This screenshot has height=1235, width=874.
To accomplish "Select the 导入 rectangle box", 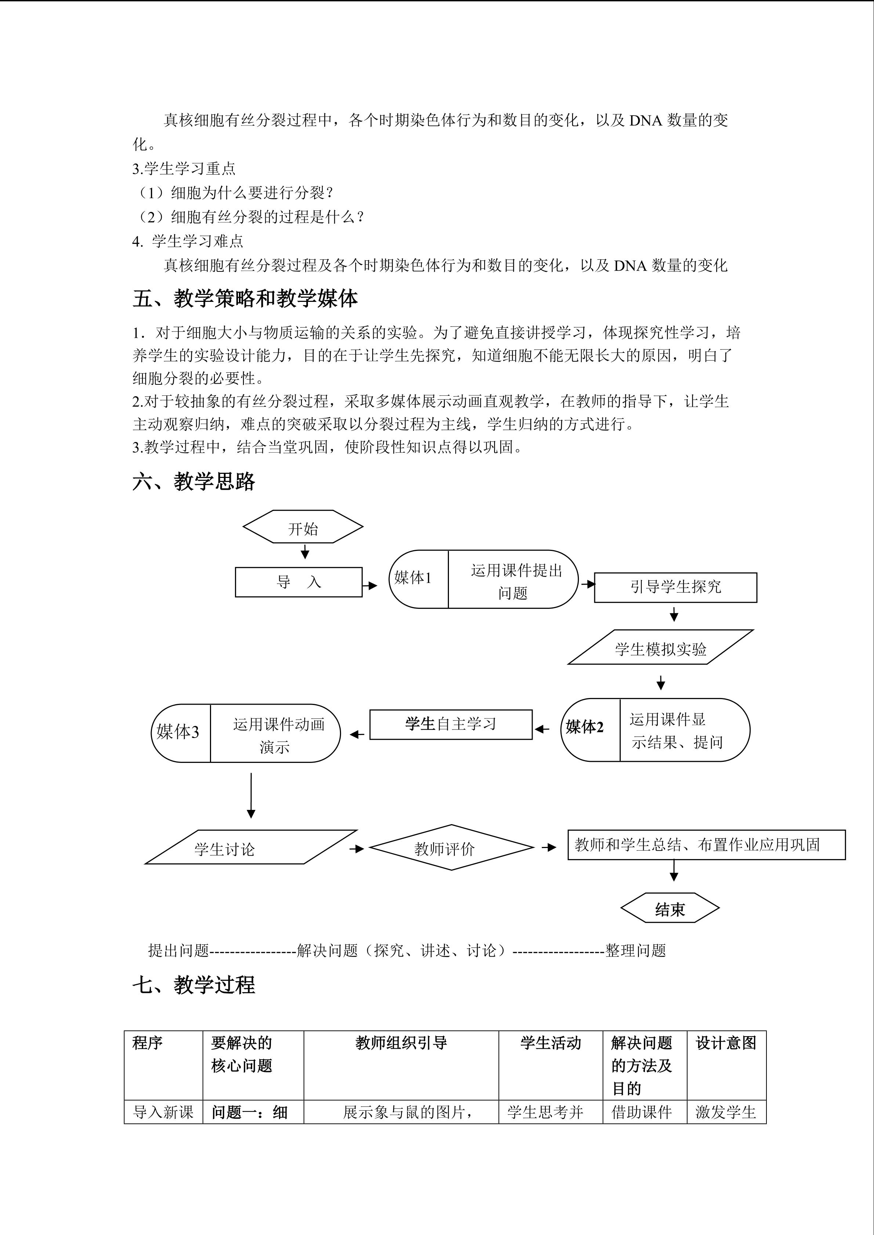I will point(299,582).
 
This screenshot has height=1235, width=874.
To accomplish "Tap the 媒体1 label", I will point(413,578).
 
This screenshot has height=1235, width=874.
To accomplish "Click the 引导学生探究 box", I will point(675,587).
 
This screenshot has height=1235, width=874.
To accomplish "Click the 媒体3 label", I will point(178,732).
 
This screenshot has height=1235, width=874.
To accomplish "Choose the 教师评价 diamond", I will point(445,849).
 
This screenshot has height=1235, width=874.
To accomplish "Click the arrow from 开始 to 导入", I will point(305,552).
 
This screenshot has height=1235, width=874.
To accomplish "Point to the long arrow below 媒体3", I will point(251,796).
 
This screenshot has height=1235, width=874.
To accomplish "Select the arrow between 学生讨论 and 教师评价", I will point(357,849).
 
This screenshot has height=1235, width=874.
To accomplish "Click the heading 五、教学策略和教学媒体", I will point(245,299).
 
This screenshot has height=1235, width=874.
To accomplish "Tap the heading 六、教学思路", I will point(194,481).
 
